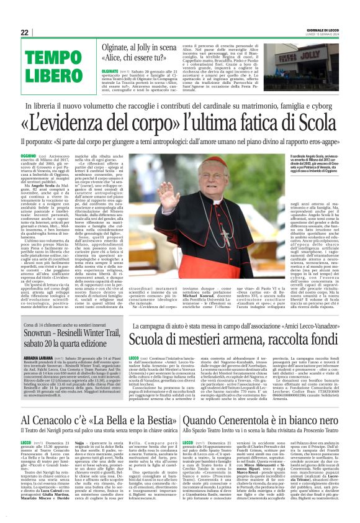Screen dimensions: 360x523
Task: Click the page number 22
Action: (25, 32)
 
